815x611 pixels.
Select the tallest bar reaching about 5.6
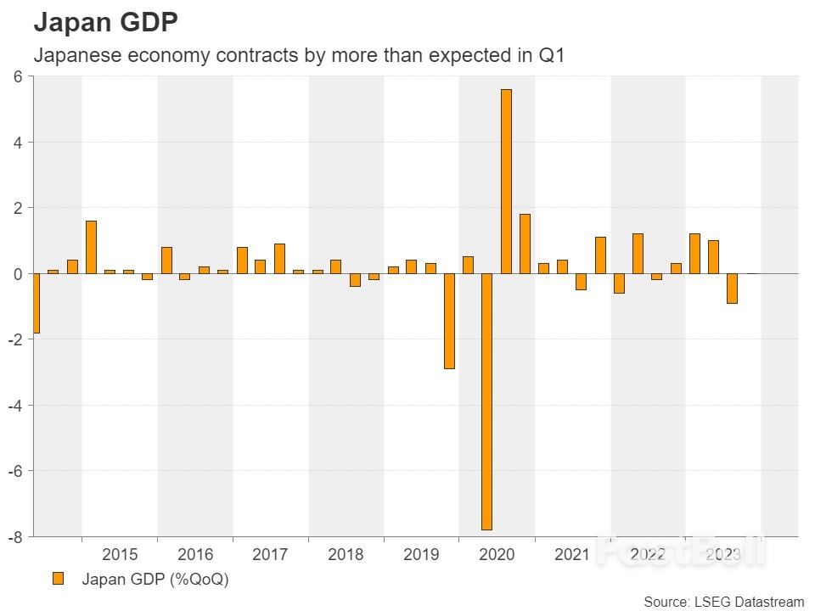point(506,181)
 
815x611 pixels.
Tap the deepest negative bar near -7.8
point(487,401)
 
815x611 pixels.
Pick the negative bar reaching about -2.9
point(449,321)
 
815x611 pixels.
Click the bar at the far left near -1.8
point(35,303)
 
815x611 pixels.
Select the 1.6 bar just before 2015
point(91,247)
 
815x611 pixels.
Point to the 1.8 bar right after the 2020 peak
point(525,244)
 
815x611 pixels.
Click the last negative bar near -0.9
point(732,289)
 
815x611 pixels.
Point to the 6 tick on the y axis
point(18,76)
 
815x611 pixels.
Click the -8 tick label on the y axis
point(14,536)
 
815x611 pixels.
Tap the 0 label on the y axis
point(18,273)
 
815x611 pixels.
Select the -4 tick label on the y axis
point(14,405)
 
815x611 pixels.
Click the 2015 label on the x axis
point(120,555)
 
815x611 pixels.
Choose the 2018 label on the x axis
point(346,555)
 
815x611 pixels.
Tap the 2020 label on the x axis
point(497,555)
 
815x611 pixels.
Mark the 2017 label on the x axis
point(270,555)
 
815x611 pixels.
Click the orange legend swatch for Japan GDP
point(58,579)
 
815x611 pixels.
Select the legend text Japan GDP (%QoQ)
point(155,580)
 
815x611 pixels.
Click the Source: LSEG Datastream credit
point(723,602)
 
